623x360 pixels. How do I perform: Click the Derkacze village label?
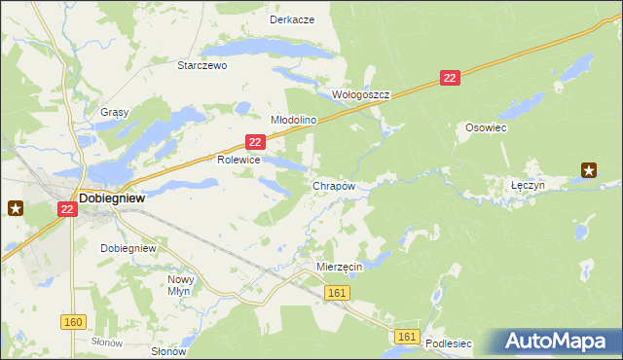(291, 19)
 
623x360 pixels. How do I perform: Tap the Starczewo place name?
(202, 66)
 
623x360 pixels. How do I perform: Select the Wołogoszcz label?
(361, 95)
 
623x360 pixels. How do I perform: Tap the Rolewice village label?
(238, 159)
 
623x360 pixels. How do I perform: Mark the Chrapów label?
(333, 185)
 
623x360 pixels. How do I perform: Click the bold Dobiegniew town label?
(113, 196)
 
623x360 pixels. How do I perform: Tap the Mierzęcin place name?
(340, 266)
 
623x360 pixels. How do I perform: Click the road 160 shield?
(73, 322)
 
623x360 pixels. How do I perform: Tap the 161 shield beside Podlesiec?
(408, 337)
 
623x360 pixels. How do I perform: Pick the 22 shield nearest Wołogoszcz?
(449, 78)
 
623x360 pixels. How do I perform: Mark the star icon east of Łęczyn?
(589, 171)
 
